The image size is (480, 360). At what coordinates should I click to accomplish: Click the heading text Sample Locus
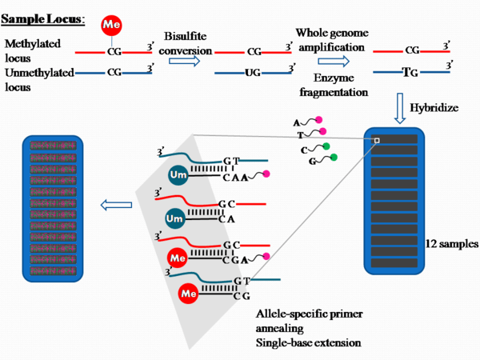point(43,18)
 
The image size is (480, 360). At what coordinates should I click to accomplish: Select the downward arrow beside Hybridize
point(401,105)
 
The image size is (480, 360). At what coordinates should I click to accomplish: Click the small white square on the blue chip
point(376,141)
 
